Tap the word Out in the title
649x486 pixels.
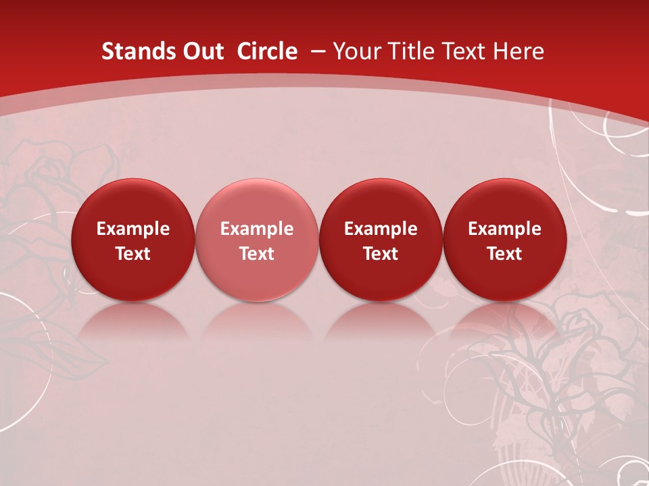[x=201, y=51]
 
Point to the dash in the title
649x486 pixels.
[x=317, y=51]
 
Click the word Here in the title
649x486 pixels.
[x=519, y=51]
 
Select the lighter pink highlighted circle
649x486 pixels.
[x=257, y=240]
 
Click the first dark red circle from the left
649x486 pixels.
[x=133, y=240]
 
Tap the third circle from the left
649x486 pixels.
[x=381, y=240]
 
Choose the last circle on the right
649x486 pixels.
[x=504, y=240]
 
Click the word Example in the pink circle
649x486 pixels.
[x=257, y=229]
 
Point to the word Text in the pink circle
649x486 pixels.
[x=257, y=254]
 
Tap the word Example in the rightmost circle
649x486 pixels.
[x=504, y=229]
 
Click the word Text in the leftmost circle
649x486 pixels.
[x=133, y=254]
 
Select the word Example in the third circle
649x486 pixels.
[x=381, y=229]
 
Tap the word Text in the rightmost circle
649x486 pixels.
[x=504, y=254]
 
